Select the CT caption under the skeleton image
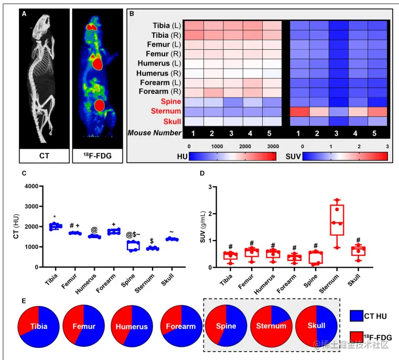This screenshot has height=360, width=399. pos(44,155)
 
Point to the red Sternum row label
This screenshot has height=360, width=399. pos(167,111)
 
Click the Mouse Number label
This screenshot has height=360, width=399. pos(155,133)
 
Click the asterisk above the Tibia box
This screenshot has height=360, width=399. pos(55,216)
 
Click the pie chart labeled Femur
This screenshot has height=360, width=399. pos(84,326)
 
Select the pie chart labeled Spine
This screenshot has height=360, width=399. pos(227,326)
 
